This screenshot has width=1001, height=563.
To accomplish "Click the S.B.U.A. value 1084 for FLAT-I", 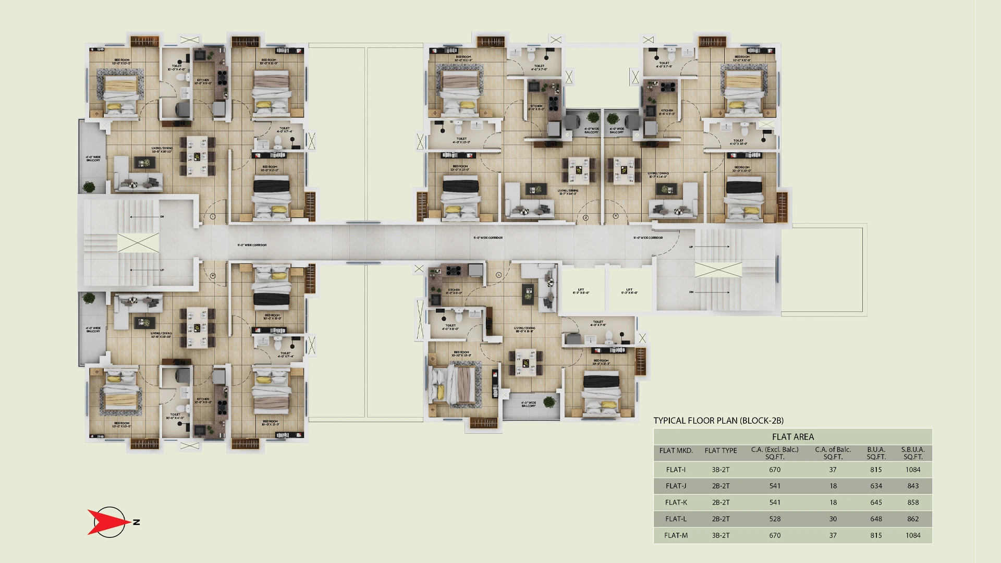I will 913,470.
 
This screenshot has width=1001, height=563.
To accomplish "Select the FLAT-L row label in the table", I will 676,519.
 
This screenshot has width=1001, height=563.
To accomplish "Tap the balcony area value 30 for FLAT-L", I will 833,519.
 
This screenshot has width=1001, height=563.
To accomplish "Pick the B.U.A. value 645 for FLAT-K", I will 876,503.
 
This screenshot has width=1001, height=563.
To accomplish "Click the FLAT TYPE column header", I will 721,451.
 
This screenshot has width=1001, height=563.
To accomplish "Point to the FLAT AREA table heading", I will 792,437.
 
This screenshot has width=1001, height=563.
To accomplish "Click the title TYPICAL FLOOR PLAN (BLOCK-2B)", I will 718,421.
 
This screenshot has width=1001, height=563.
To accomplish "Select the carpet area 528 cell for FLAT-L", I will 775,519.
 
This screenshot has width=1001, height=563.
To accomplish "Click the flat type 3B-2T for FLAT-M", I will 721,535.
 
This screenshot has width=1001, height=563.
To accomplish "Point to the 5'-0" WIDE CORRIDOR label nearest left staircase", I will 252,245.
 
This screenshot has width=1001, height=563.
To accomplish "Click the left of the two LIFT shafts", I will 581,291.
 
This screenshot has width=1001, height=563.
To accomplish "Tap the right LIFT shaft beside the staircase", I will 629,291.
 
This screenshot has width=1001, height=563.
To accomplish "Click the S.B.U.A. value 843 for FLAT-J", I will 913,486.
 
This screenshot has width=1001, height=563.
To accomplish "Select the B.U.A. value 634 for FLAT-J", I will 876,486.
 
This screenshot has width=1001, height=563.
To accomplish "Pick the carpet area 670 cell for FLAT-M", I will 775,535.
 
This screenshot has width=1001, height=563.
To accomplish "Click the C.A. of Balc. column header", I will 833,453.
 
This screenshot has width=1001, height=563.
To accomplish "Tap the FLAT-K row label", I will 676,503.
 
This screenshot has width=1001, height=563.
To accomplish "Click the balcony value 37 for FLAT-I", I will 833,470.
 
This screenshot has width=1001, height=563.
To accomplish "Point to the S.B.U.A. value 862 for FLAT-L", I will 913,519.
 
